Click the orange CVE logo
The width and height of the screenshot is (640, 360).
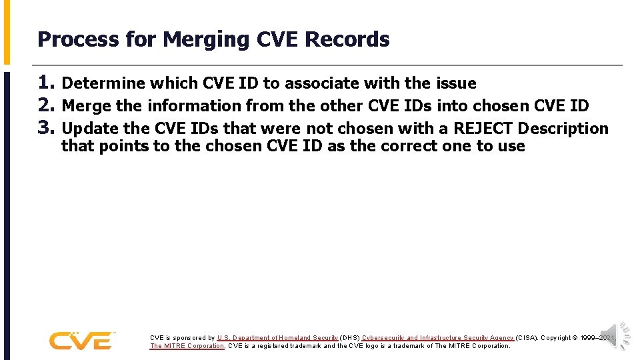81,341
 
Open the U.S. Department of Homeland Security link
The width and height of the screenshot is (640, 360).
277,338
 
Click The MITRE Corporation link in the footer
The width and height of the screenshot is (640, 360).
187,346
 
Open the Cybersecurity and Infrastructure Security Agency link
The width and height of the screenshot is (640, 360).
438,338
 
